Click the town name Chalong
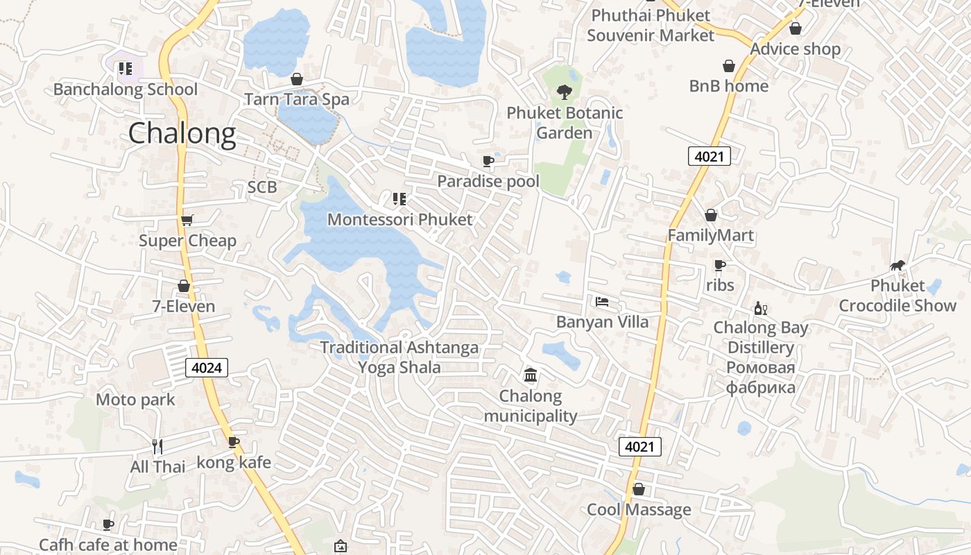182,133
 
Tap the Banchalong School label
125,89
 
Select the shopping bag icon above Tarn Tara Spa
297,79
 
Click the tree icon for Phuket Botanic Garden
565,92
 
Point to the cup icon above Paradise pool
488,162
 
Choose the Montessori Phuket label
399,220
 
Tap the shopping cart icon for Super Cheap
187,221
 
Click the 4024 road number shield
207,368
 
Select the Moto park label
135,400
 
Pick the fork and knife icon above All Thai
157,446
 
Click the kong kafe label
234,462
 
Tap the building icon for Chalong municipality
531,375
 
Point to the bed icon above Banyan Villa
602,302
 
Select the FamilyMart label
710,235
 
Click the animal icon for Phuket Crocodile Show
897,266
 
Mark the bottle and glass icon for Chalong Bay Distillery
761,308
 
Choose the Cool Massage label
639,510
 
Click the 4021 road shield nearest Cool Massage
639,447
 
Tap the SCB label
262,187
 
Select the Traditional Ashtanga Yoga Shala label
399,357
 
